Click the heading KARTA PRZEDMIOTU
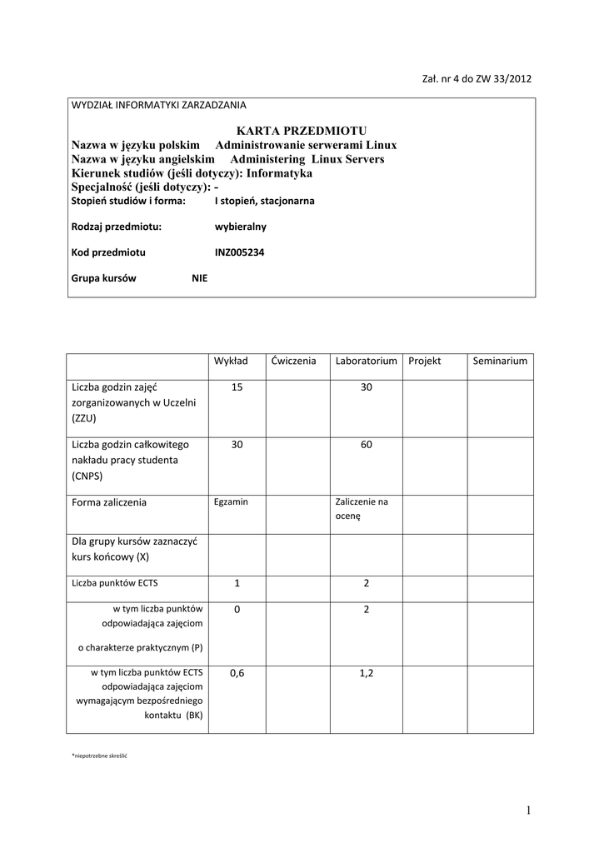301,131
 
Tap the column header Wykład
231,361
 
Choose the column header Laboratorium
366,361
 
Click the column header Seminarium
500,361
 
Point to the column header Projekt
424,361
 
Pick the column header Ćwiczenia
293,361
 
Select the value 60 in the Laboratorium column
366,445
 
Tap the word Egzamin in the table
231,501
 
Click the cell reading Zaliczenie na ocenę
362,509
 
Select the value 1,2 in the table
366,672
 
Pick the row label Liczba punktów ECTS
114,583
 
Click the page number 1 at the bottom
528,811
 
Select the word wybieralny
241,226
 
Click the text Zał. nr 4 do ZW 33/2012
477,79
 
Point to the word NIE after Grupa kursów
200,278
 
